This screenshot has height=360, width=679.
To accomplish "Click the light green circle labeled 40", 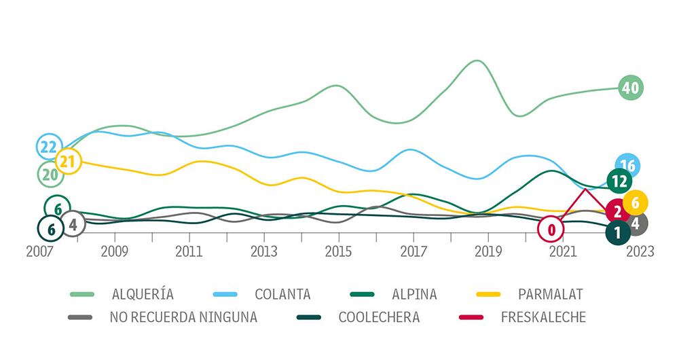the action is [x=631, y=88].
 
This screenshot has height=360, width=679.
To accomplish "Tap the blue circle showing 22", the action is [x=50, y=147].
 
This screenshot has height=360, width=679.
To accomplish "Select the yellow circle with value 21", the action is [x=68, y=161].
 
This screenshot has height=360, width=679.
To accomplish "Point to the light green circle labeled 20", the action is [x=50, y=174].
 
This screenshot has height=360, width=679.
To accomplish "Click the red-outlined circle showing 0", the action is [x=551, y=229].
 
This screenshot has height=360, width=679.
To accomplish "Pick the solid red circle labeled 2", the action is [x=618, y=211].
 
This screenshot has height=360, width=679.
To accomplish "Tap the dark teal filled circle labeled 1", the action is [x=618, y=232].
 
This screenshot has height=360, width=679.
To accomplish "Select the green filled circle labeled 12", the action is [x=619, y=181].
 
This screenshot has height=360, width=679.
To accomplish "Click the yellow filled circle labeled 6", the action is [x=636, y=202].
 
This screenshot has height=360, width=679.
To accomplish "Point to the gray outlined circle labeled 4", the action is [x=73, y=224].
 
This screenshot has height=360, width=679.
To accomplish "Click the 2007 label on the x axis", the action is [x=40, y=251].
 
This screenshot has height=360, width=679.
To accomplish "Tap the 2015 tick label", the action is [x=339, y=251].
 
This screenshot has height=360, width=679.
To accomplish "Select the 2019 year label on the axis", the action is [x=488, y=251].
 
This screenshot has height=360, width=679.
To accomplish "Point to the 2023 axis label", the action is [x=640, y=251].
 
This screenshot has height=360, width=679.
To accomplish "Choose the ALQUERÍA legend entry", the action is [x=122, y=294].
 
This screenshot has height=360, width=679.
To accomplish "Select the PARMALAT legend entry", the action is [x=530, y=294].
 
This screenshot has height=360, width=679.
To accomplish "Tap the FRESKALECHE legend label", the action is [x=522, y=317].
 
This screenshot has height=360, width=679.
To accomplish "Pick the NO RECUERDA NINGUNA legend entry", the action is [x=162, y=317].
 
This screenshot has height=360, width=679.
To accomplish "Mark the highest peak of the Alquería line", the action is [x=477, y=60].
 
